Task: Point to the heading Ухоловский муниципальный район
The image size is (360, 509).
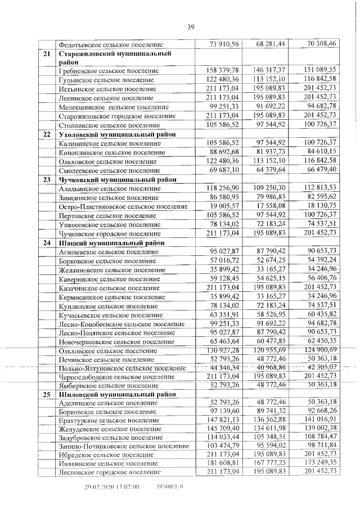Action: pyautogui.click(x=119, y=134)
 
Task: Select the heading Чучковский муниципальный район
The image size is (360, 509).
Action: pyautogui.click(x=119, y=179)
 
